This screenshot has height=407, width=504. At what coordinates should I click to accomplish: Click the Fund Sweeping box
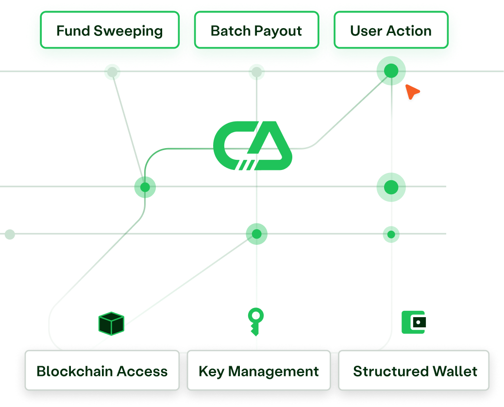pos(110,30)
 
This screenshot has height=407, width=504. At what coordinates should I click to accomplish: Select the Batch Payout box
pos(256,30)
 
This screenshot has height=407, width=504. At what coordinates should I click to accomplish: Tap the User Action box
pos(391,30)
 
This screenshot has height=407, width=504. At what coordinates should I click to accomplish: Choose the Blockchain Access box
pos(102,371)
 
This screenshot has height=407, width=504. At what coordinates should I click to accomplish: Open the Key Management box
pos(259,371)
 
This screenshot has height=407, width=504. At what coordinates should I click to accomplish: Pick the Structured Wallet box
pos(414,371)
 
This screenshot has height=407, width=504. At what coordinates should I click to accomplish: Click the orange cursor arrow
pos(412,91)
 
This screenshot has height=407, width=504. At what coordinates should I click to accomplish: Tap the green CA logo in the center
pos(252,145)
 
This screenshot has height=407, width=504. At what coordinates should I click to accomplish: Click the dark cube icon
pos(111,323)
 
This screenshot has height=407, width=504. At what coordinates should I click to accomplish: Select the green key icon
pos(256,322)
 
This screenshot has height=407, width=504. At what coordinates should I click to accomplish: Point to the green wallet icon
pos(414,322)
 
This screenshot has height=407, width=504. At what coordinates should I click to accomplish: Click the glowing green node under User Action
pos(391,71)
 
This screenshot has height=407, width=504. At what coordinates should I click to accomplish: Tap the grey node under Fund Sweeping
pos(112,72)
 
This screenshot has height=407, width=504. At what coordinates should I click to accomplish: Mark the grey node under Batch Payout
pos(256,72)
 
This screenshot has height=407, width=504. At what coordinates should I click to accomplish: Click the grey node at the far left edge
pos(10,235)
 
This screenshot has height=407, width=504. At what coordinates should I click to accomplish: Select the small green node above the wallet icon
pos(391,235)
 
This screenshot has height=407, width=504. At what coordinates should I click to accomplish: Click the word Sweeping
pos(128,31)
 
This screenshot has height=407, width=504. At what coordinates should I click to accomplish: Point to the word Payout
pos(278,31)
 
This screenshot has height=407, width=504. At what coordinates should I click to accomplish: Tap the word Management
pos(273,372)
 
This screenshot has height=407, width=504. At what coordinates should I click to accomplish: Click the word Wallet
pos(455,371)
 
